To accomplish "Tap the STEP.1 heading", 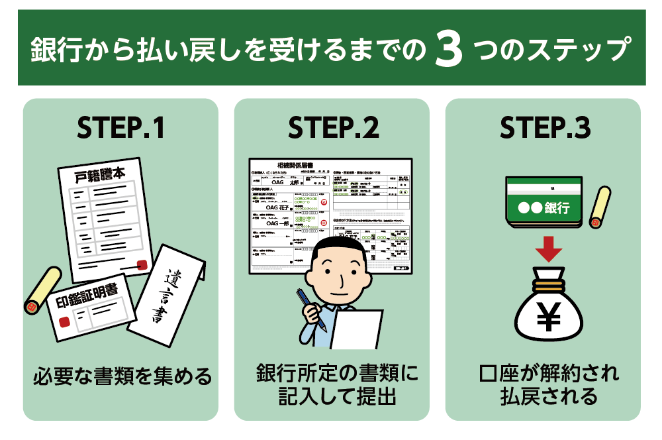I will pyautogui.click(x=120, y=129).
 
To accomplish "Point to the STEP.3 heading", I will pyautogui.click(x=545, y=129).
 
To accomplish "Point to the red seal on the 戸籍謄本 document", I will pyautogui.click(x=141, y=265).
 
